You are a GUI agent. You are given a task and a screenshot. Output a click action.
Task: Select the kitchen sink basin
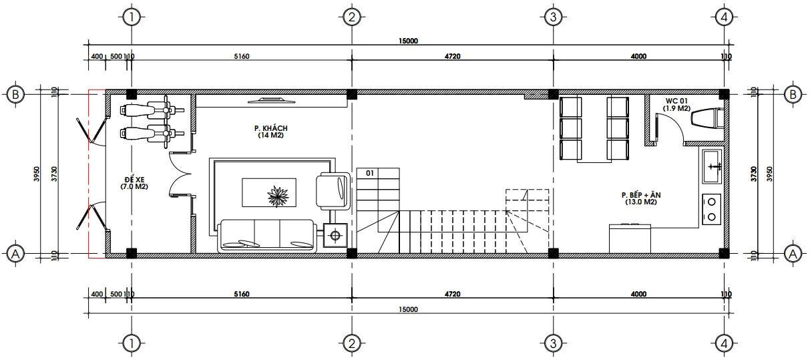coord(711,166)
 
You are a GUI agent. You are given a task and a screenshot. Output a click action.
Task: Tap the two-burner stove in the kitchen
coord(712,208)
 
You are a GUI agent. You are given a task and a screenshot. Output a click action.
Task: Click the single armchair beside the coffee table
coord(331,190)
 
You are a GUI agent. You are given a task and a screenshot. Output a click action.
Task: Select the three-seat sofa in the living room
coord(266,236)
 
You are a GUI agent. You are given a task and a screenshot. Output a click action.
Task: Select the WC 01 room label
coord(676,100)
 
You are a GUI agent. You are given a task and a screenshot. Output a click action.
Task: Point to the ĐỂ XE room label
coord(134,180)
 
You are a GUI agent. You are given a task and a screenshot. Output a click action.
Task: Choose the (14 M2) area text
coord(267,136)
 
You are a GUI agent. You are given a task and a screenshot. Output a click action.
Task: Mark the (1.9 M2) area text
coord(676,108)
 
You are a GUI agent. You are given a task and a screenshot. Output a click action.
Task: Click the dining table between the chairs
coord(593,130)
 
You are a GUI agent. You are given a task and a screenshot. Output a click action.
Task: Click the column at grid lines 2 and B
coord(352,94)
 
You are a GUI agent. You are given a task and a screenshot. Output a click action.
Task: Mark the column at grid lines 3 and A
coord(552,252)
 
